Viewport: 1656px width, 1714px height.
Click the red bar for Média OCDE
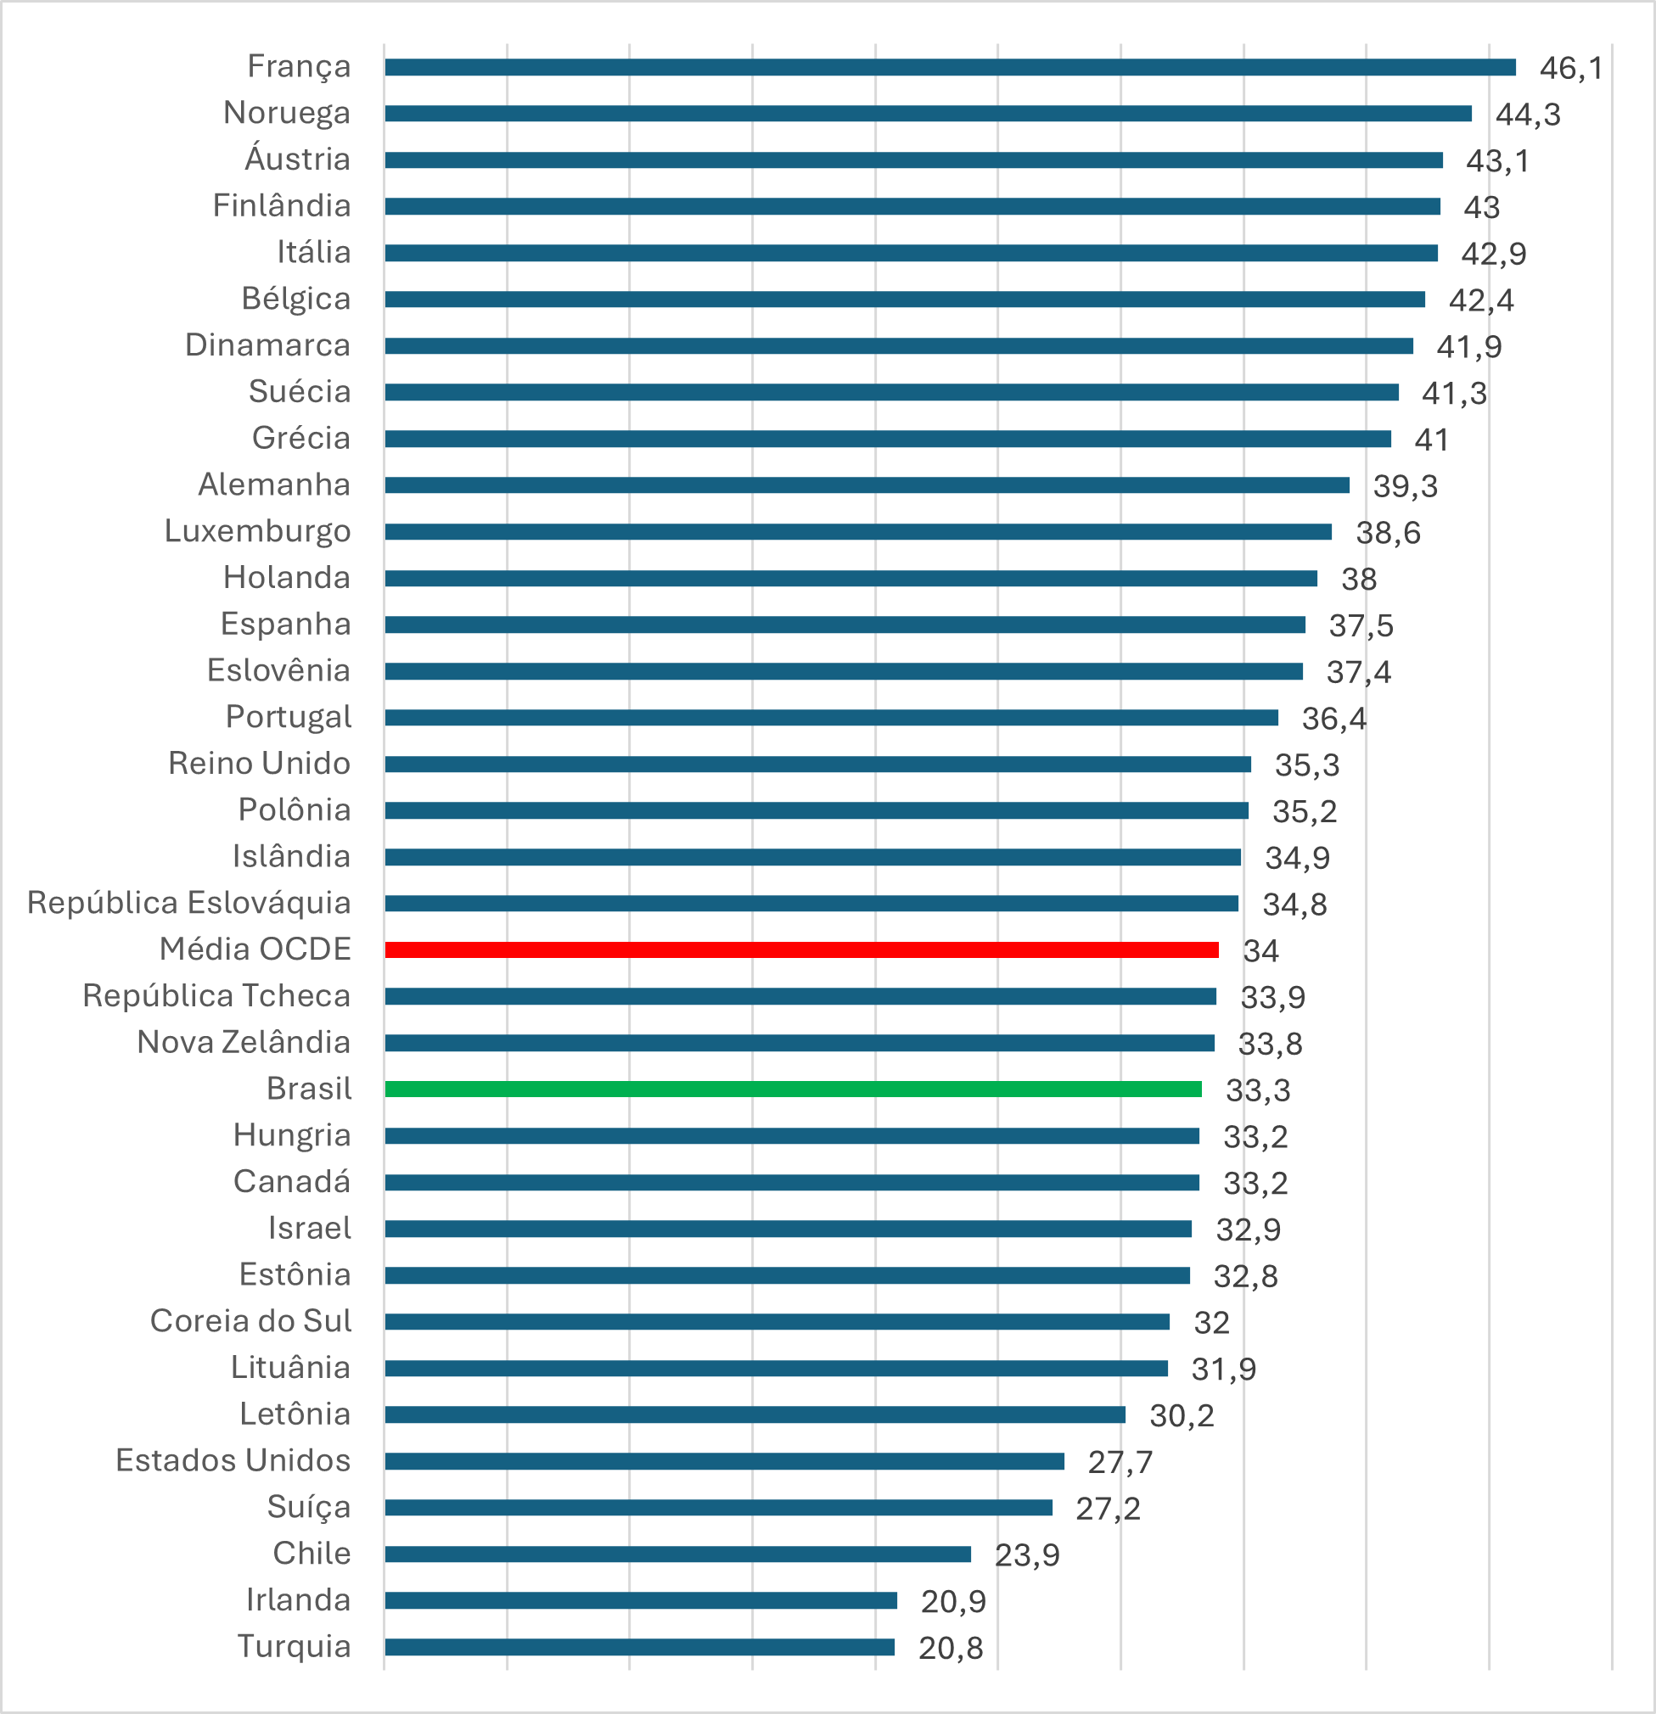(801, 949)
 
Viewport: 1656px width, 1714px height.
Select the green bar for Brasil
(793, 1089)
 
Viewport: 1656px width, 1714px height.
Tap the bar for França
(950, 67)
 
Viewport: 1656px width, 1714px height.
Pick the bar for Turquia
(639, 1647)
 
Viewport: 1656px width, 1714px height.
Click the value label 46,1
(1571, 68)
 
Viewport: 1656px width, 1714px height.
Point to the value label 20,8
(950, 1648)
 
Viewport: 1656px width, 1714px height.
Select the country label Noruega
(286, 113)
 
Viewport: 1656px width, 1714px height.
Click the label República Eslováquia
(189, 903)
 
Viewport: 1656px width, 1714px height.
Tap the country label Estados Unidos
(233, 1460)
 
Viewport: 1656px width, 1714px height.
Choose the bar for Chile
(678, 1554)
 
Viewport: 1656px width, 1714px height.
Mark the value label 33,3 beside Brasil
(1257, 1089)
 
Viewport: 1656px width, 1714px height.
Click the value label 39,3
(1405, 485)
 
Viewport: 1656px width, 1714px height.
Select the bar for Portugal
(831, 717)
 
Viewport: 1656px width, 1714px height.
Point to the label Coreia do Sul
(250, 1320)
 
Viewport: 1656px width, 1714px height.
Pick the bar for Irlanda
(641, 1600)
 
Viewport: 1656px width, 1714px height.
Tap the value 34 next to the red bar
(1260, 950)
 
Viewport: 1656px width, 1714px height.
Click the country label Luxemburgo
(257, 531)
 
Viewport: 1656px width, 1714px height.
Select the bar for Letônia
(755, 1414)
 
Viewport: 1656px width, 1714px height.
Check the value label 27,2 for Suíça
(1108, 1508)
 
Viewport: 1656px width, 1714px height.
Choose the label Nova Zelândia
(244, 1042)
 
